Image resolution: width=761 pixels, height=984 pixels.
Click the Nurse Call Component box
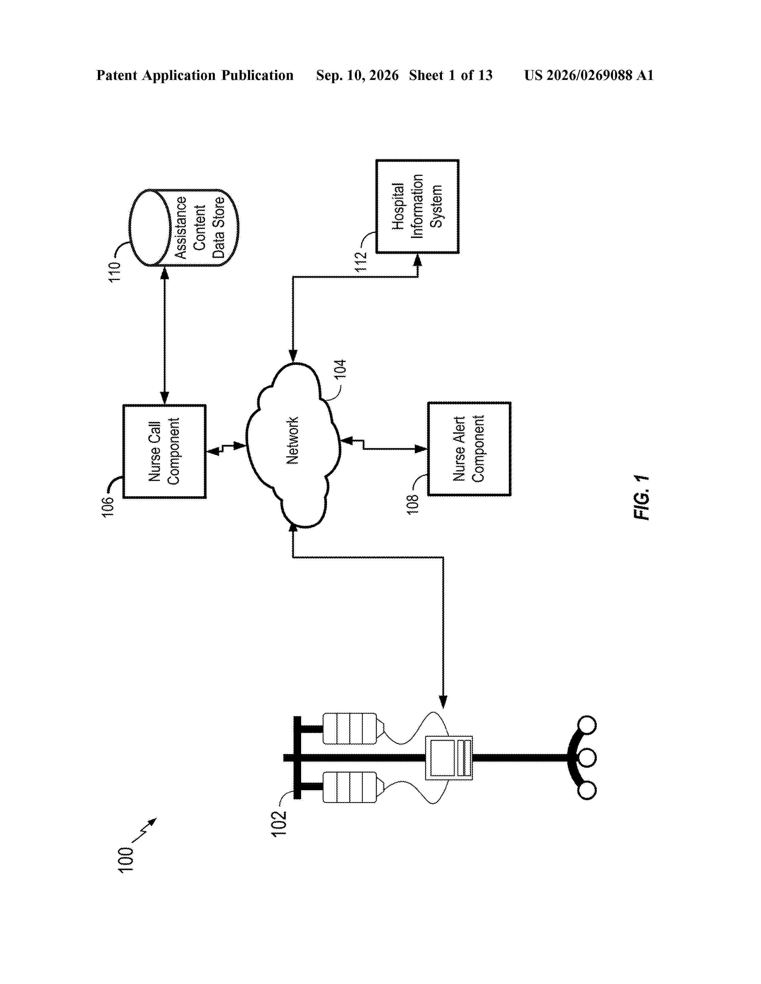click(x=164, y=451)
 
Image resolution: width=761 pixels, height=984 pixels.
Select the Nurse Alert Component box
click(x=469, y=449)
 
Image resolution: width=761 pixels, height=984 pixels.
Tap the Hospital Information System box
click(x=418, y=206)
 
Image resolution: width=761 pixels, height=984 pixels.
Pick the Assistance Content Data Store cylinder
click(x=184, y=228)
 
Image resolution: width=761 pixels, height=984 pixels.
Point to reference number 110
click(x=115, y=272)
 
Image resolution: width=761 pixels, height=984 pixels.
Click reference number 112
click(x=361, y=261)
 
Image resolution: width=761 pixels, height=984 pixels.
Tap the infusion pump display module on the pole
click(x=449, y=758)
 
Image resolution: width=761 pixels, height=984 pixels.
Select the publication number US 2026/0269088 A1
click(x=589, y=75)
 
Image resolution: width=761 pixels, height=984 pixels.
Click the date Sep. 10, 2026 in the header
click(x=357, y=75)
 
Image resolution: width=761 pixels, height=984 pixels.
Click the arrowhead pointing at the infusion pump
click(x=443, y=702)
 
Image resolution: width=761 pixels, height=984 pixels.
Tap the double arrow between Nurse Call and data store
click(x=164, y=335)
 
